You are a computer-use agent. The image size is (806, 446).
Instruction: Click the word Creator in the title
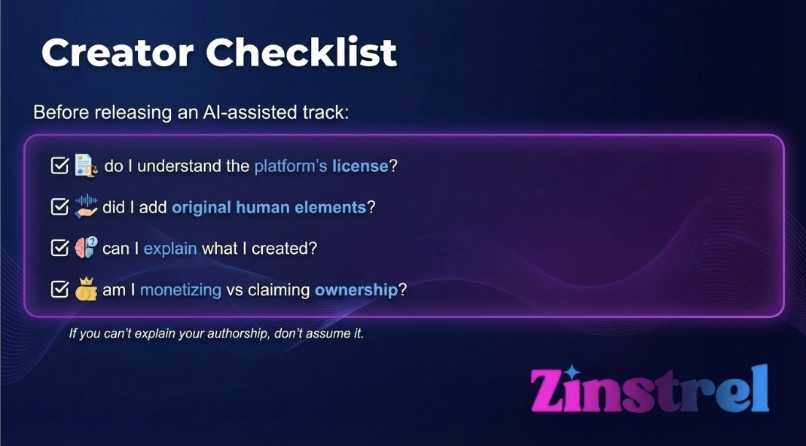pyautogui.click(x=117, y=52)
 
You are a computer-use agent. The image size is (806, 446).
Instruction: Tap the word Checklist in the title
pyautogui.click(x=301, y=52)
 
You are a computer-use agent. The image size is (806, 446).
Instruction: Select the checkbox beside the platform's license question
pyautogui.click(x=60, y=165)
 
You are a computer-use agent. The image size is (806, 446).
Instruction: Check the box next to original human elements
pyautogui.click(x=60, y=206)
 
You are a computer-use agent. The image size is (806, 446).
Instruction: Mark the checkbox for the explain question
pyautogui.click(x=60, y=248)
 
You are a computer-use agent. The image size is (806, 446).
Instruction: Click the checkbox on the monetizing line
pyautogui.click(x=60, y=289)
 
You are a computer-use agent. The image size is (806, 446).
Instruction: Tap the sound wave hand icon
pyautogui.click(x=86, y=206)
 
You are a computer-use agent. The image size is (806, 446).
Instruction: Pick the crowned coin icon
pyautogui.click(x=86, y=289)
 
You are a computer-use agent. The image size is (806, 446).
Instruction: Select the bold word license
pyautogui.click(x=360, y=166)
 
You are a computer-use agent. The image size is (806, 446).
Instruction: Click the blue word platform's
pyautogui.click(x=290, y=166)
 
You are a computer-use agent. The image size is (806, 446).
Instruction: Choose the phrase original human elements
pyautogui.click(x=269, y=207)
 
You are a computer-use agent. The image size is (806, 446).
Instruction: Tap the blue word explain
pyautogui.click(x=170, y=249)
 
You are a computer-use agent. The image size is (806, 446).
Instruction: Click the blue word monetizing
pyautogui.click(x=181, y=290)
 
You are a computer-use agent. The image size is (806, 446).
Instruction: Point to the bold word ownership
pyautogui.click(x=356, y=290)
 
